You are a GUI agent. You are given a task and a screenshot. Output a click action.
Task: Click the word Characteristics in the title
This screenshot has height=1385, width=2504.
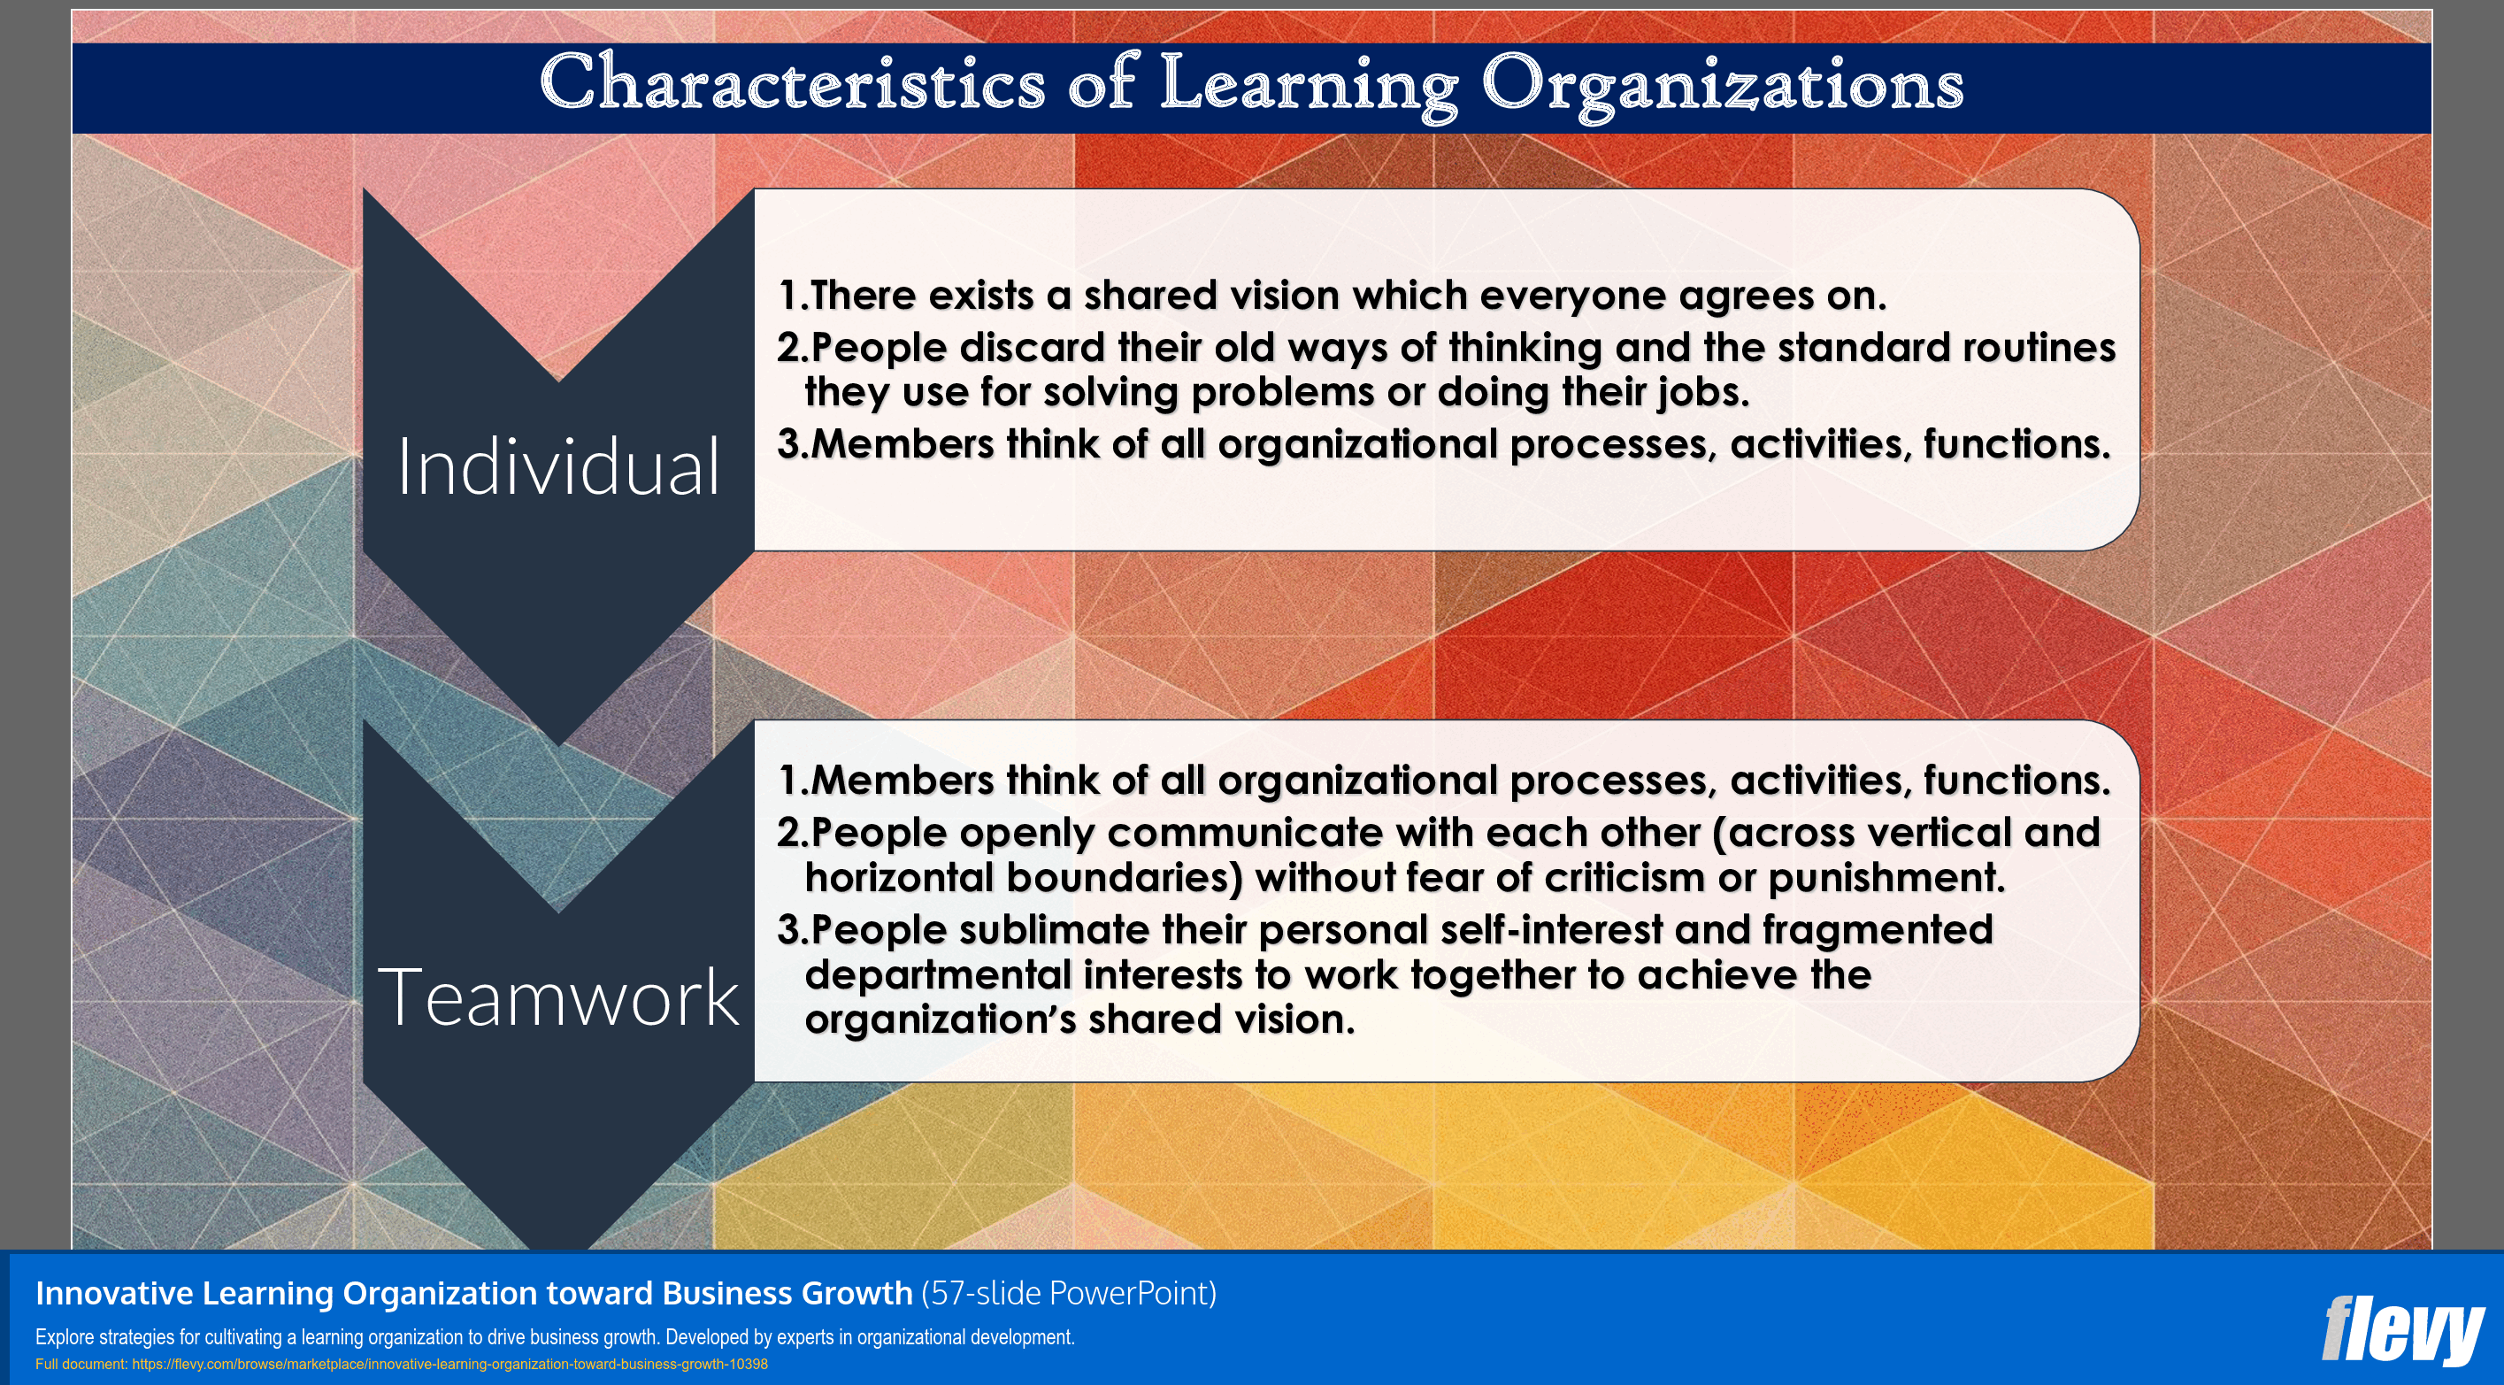[792, 83]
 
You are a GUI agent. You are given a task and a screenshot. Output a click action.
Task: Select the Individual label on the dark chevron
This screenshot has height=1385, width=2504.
[558, 466]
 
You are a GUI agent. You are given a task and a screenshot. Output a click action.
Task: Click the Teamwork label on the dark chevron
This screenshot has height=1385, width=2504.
[558, 997]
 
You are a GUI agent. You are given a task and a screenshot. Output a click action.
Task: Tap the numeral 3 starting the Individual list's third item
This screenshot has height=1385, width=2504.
[788, 445]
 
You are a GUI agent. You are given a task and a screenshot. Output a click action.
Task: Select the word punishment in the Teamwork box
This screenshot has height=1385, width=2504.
[1886, 878]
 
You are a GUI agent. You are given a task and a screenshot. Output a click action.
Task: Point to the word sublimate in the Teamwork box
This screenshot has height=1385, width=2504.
[1054, 930]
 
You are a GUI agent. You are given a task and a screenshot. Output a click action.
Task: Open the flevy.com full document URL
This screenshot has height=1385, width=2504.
[449, 1365]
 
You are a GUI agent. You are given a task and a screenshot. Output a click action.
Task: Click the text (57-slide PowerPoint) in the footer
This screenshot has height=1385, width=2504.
[1068, 1294]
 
